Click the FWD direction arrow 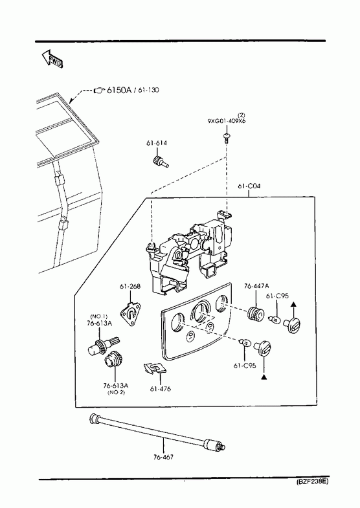point(52,59)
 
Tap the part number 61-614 point(157,143)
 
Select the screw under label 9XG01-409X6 point(226,136)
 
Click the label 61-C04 point(249,186)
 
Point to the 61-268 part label point(130,287)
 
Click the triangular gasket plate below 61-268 point(131,314)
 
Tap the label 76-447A point(256,286)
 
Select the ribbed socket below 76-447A point(256,315)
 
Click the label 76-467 point(163,457)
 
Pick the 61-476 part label point(161,389)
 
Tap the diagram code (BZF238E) point(312,481)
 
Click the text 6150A point(119,90)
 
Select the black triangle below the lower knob point(264,377)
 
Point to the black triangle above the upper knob point(293,304)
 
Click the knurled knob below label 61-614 point(160,161)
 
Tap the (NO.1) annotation point(99,316)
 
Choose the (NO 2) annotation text point(116,392)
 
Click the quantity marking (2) point(242,115)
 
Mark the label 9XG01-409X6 point(227,121)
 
